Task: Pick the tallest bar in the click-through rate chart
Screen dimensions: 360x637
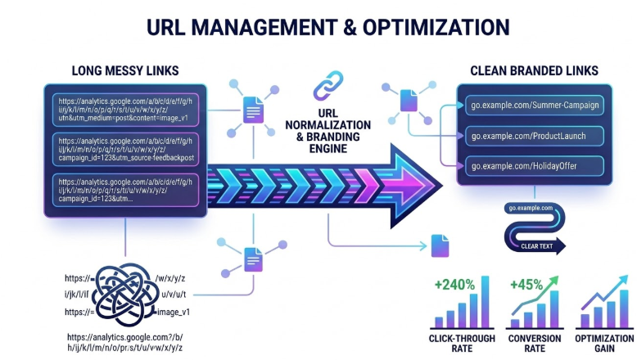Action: tap(486, 302)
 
